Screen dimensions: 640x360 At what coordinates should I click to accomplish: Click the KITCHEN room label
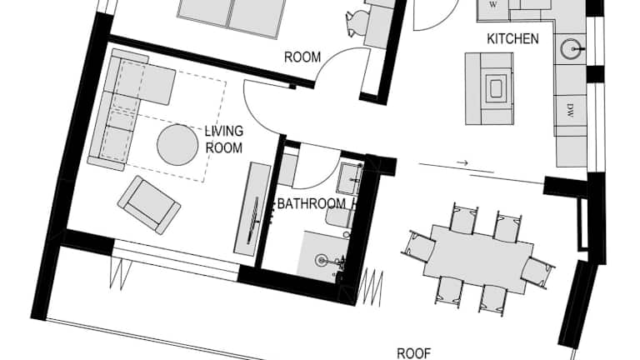(x=512, y=39)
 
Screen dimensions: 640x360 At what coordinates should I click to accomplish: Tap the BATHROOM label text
(x=312, y=203)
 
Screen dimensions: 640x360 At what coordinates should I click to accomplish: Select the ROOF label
(x=414, y=353)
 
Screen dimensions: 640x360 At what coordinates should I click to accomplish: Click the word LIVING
(x=223, y=131)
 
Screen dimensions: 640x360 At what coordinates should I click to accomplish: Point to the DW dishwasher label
(x=570, y=110)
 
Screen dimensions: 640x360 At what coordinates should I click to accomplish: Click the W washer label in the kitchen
(x=493, y=5)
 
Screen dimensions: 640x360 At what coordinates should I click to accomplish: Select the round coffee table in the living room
(x=177, y=144)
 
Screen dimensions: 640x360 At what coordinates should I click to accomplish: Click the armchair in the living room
(x=149, y=205)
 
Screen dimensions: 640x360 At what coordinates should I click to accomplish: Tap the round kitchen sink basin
(x=571, y=49)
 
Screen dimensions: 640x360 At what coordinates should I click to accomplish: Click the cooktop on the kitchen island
(x=496, y=88)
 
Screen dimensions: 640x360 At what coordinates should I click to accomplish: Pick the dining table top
(x=478, y=259)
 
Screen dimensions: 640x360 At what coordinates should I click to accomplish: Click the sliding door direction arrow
(x=462, y=162)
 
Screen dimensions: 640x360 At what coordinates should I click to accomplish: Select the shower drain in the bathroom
(x=322, y=260)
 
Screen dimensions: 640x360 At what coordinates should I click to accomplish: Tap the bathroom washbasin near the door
(x=350, y=178)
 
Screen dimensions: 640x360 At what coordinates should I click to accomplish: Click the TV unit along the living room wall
(x=252, y=209)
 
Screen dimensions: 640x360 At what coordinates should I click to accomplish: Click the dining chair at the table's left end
(x=420, y=247)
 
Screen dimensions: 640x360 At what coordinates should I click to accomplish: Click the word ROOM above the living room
(x=302, y=57)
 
